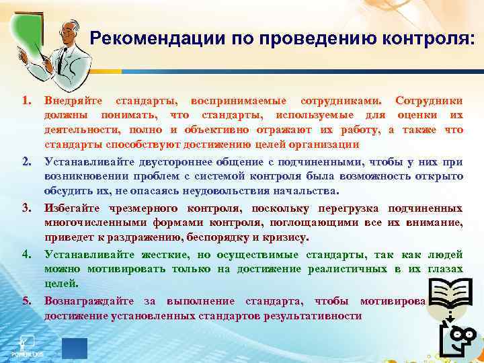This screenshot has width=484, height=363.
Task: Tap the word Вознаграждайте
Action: pyautogui.click(x=84, y=300)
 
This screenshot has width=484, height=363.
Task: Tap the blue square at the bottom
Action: pyautogui.click(x=75, y=348)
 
